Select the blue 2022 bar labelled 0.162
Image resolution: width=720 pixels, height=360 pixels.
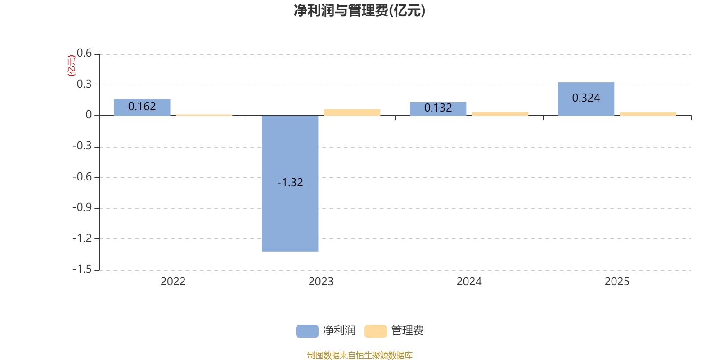[142, 107]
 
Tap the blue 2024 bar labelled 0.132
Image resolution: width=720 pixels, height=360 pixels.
[438, 108]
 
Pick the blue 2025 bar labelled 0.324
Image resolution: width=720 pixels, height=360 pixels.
[586, 99]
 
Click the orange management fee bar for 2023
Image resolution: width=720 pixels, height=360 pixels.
[352, 112]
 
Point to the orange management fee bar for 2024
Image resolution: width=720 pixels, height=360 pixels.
[500, 113]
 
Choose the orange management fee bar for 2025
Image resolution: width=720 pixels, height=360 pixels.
[648, 114]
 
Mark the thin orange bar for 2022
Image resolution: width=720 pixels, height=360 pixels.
[204, 115]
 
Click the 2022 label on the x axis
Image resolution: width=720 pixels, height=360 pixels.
[173, 282]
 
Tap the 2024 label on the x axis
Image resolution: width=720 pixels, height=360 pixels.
[469, 282]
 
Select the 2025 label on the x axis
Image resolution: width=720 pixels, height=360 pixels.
[617, 282]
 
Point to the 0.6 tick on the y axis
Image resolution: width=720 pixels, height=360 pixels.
[84, 54]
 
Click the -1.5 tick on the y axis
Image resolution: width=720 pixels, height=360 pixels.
[82, 269]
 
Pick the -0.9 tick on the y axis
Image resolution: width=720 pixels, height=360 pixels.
[82, 207]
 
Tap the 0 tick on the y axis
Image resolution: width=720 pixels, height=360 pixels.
[89, 115]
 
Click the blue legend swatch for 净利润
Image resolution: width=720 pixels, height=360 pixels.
[307, 331]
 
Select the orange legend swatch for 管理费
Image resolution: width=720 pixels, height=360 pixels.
[375, 331]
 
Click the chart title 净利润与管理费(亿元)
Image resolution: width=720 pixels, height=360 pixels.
[360, 10]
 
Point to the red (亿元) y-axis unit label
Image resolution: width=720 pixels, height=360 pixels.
[71, 66]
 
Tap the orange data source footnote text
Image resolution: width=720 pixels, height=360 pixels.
[360, 355]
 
